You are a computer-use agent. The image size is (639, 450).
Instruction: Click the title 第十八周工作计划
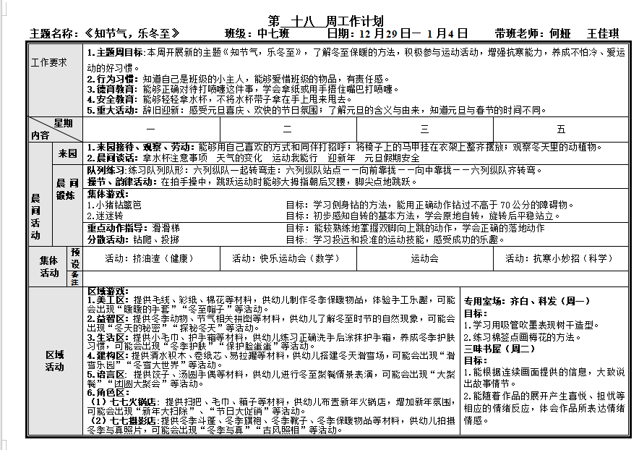click(325, 21)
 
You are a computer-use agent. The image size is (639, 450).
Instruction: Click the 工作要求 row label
click(48, 62)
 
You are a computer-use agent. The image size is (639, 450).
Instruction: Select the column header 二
click(287, 130)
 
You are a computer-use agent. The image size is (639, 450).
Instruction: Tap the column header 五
click(561, 130)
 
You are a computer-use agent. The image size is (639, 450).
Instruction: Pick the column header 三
click(424, 130)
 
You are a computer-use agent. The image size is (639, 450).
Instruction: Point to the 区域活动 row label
click(54, 360)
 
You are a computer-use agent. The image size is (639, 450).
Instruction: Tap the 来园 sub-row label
click(67, 153)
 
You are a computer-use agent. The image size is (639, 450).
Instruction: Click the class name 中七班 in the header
click(273, 34)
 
